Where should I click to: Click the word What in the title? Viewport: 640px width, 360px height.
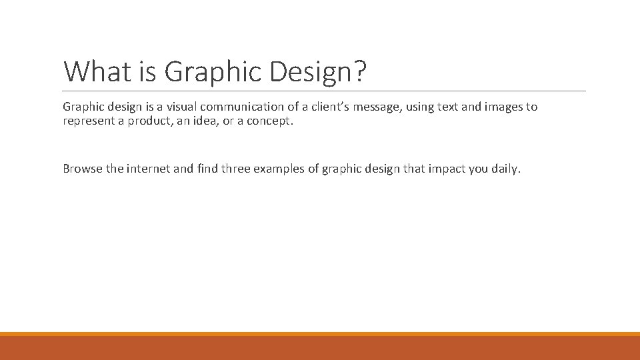pyautogui.click(x=93, y=71)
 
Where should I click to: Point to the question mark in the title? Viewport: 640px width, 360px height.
pyautogui.click(x=360, y=71)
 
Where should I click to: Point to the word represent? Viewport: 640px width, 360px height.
pyautogui.click(x=88, y=121)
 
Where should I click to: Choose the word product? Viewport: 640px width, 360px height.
pyautogui.click(x=149, y=121)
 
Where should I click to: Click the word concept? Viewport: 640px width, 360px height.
pyautogui.click(x=271, y=121)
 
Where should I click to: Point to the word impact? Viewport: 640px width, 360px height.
pyautogui.click(x=447, y=169)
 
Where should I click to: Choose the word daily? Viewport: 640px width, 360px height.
pyautogui.click(x=505, y=169)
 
